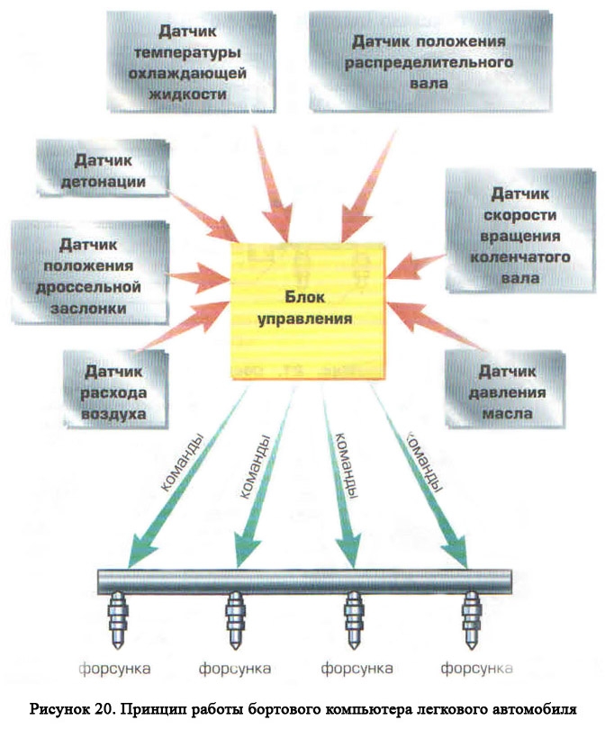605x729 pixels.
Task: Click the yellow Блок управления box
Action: (308, 310)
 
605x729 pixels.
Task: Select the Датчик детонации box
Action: (103, 167)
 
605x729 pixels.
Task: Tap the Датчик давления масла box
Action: (505, 389)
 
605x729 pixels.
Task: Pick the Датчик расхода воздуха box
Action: (115, 389)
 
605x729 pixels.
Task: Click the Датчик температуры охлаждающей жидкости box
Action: (191, 62)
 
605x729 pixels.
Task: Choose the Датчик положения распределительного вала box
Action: (430, 61)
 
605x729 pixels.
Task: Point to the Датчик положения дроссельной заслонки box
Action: (90, 273)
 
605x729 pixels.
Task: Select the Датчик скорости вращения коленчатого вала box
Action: (520, 230)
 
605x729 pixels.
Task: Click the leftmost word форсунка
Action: (114, 669)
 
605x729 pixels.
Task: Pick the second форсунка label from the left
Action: (235, 669)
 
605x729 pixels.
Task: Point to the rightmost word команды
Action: (424, 462)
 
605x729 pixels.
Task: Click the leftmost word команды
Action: (182, 463)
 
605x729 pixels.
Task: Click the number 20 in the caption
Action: (103, 709)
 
